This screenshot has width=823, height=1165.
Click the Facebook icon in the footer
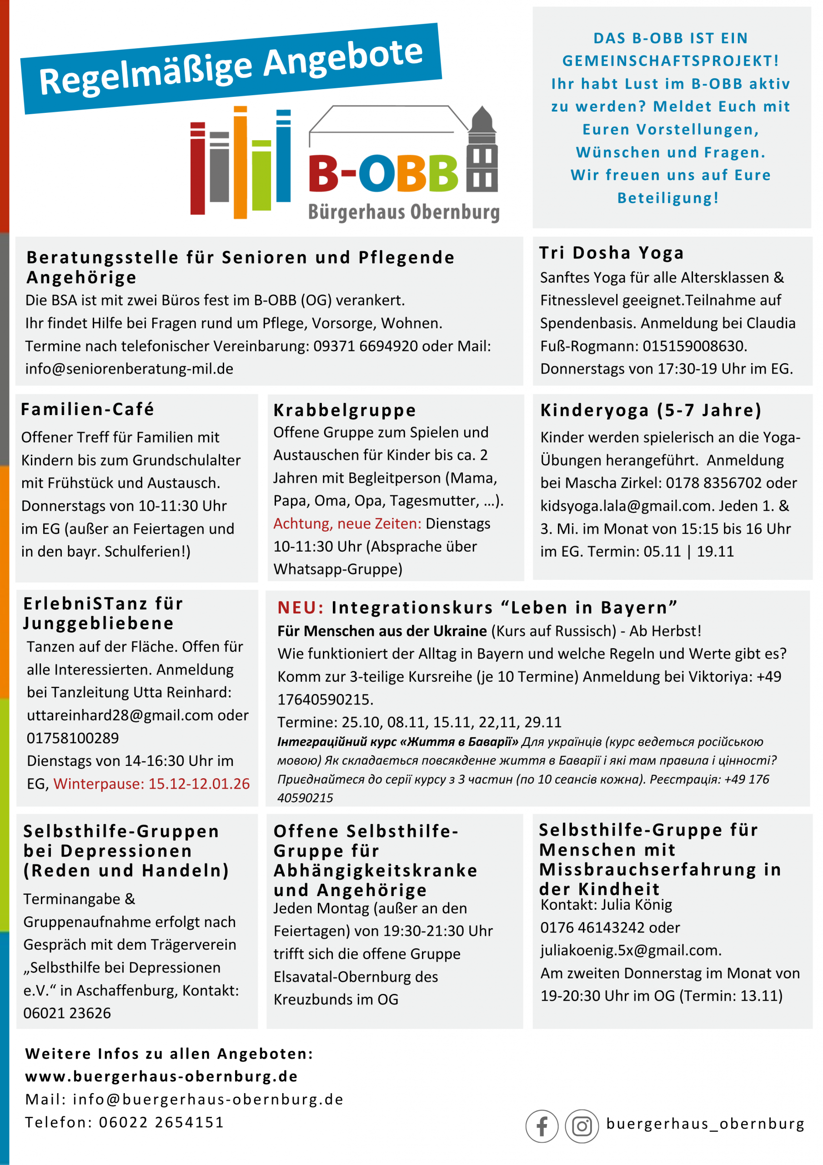click(x=542, y=1126)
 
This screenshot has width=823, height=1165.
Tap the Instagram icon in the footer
click(x=582, y=1126)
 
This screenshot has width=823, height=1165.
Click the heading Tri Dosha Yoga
click(x=612, y=253)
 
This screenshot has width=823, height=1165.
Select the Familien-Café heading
click(x=87, y=409)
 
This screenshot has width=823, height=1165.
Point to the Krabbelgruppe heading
click(x=345, y=410)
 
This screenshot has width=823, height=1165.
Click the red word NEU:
click(x=300, y=608)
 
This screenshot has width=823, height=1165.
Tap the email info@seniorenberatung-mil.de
click(x=129, y=369)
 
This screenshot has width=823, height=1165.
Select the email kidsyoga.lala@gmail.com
click(x=626, y=506)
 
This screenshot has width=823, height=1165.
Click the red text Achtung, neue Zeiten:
click(x=347, y=524)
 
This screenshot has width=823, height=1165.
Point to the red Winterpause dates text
click(x=151, y=784)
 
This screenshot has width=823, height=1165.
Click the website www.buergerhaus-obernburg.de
click(x=161, y=1076)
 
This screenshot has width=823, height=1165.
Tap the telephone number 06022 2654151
click(x=161, y=1122)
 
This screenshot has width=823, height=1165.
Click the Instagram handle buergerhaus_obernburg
click(x=705, y=1124)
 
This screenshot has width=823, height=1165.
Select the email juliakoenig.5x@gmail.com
click(x=630, y=950)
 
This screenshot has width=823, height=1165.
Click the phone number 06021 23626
click(x=67, y=1013)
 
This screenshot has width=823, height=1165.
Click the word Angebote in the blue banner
click(x=343, y=57)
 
